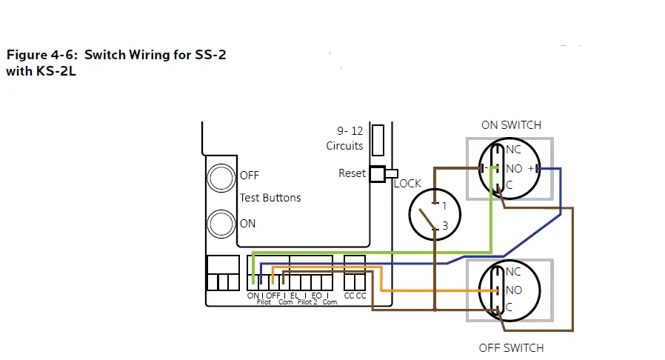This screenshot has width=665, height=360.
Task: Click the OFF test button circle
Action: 221,177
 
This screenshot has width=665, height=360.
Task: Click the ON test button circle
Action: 221,223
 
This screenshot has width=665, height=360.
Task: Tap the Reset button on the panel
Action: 378,173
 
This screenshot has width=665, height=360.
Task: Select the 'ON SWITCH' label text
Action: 511,125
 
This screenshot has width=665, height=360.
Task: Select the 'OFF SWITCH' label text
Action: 511,347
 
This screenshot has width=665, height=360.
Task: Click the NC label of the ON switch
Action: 513,150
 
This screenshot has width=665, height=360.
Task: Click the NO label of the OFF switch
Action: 513,290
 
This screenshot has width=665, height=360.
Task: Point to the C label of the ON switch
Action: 509,185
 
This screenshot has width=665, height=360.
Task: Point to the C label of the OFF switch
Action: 509,307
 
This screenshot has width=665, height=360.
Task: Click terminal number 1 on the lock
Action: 444,205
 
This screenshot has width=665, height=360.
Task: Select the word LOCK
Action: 407,184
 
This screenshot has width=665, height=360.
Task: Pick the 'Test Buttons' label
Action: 270,198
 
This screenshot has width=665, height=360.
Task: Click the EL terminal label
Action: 295,296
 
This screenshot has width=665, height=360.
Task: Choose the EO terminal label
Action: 316,296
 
